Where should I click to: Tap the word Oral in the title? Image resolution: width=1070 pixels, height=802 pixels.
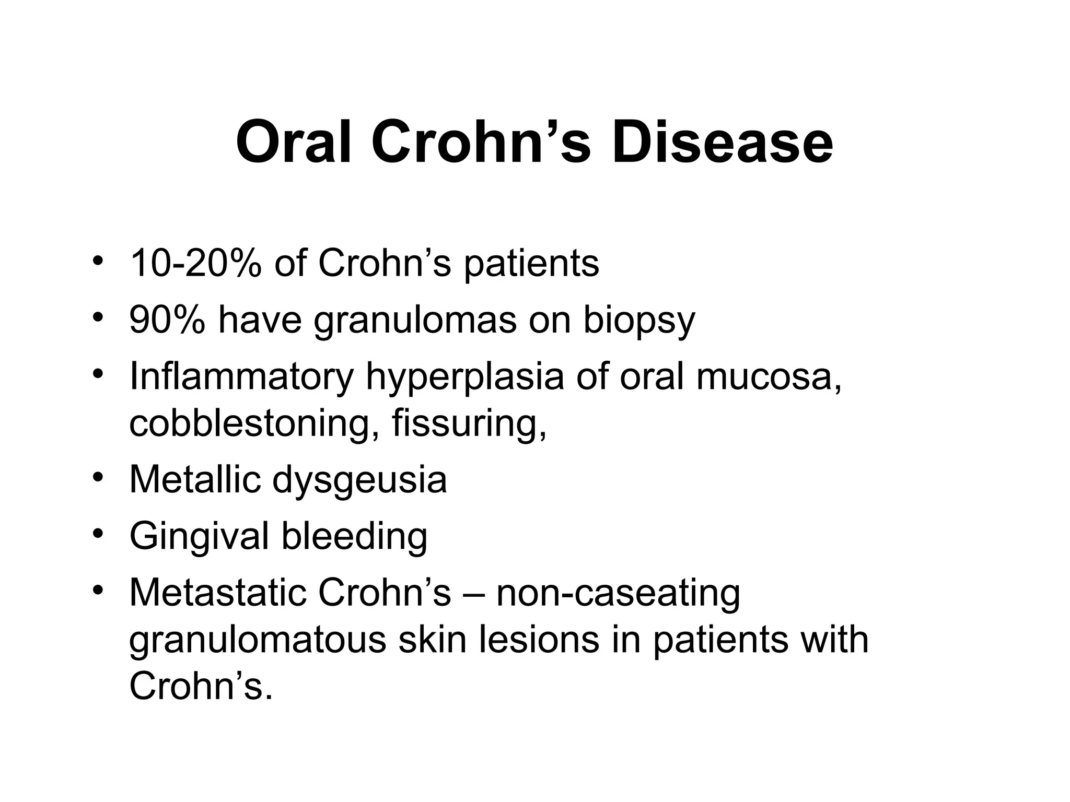click(x=295, y=142)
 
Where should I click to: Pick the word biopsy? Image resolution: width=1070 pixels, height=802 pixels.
click(x=638, y=321)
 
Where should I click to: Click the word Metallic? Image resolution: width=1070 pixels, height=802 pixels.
click(x=194, y=479)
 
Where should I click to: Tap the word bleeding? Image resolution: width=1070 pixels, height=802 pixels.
click(x=354, y=537)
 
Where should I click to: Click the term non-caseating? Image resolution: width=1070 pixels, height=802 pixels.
click(x=618, y=593)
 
